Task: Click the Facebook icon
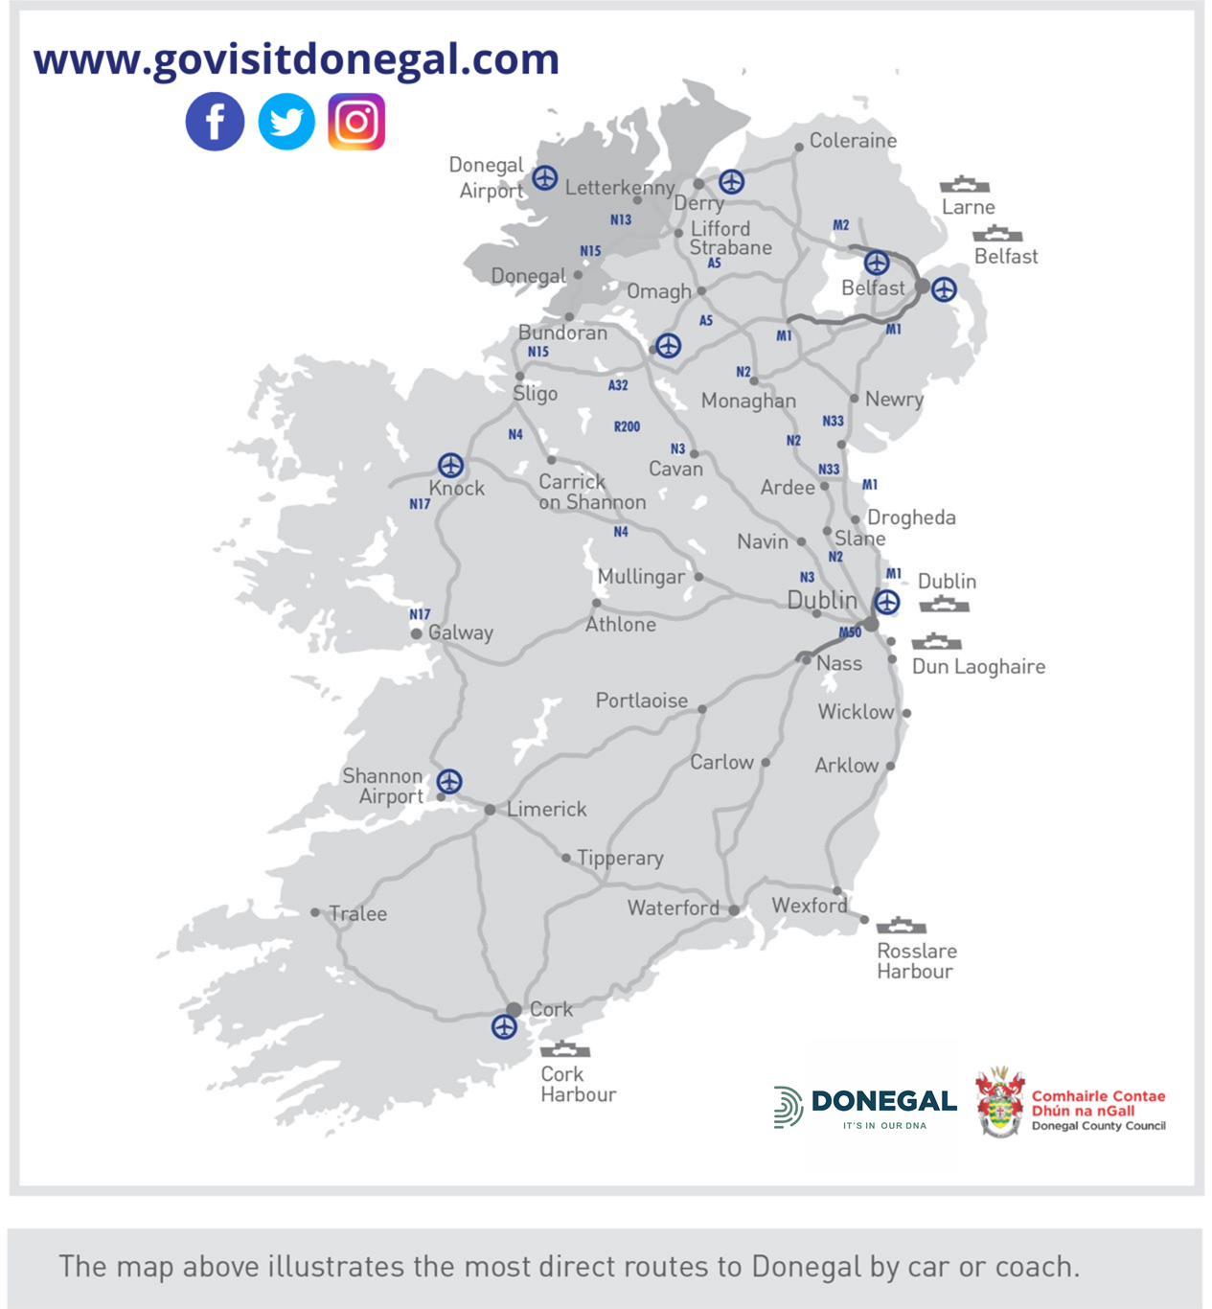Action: tap(215, 122)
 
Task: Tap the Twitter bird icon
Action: tap(286, 122)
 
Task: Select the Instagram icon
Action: tap(356, 122)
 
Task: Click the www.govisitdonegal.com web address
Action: tap(296, 58)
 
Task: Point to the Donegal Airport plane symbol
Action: tap(545, 177)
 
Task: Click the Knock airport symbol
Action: tap(450, 466)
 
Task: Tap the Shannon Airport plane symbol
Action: tap(449, 781)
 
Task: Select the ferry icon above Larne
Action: tap(964, 184)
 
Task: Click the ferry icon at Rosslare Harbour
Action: tap(902, 926)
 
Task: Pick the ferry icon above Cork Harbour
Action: tap(565, 1049)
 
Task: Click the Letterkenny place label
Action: tap(619, 188)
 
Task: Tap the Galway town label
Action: tap(461, 632)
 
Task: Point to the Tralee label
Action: tap(358, 914)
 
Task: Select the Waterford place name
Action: tap(673, 907)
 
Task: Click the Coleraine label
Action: tap(853, 141)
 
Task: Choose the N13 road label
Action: tap(621, 220)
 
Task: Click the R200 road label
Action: tap(627, 426)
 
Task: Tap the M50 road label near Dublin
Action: tap(850, 632)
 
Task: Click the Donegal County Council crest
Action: tap(999, 1103)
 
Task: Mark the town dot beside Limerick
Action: tap(490, 810)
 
